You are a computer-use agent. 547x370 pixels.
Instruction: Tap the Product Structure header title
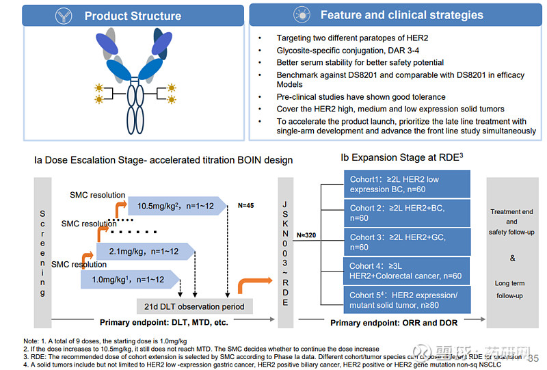[x=133, y=15]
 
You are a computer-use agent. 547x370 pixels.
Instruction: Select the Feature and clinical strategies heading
[x=401, y=14]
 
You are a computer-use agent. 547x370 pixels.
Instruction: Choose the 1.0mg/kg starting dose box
[x=129, y=279]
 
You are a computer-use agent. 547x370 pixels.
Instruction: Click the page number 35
[x=534, y=357]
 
